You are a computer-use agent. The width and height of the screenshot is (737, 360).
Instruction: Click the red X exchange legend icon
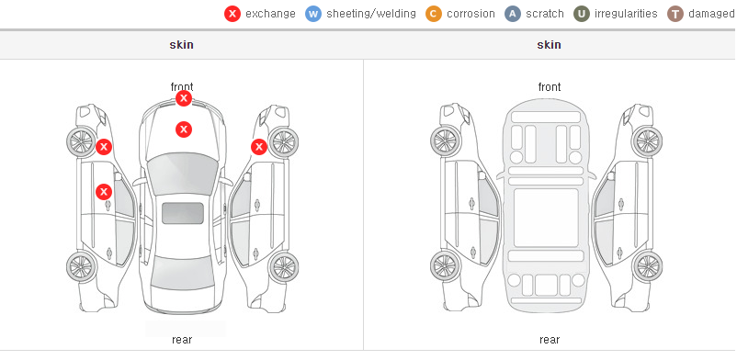point(232,14)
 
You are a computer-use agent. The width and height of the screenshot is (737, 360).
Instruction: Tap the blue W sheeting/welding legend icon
point(313,14)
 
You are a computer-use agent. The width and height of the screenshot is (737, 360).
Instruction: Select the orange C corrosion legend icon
point(434,14)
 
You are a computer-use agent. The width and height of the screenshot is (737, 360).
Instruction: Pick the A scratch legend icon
point(513,14)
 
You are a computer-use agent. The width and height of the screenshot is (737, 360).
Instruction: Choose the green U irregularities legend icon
point(582,14)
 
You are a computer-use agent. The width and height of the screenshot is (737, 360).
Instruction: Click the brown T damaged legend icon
point(675,14)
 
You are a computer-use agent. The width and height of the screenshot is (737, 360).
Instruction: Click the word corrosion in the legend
point(471,14)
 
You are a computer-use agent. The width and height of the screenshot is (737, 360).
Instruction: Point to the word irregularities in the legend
point(626,14)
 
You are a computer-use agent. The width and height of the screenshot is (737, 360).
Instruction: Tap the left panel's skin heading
point(181,45)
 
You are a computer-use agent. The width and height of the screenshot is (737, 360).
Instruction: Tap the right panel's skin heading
point(549,45)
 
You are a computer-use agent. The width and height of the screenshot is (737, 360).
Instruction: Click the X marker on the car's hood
point(184,129)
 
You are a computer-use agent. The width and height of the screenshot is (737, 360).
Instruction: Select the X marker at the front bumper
point(184,98)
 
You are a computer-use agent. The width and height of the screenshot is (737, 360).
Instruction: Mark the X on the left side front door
point(104,192)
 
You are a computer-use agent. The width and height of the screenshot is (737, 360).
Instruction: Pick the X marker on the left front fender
point(104,147)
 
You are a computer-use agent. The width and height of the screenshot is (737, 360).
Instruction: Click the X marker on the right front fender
point(259,147)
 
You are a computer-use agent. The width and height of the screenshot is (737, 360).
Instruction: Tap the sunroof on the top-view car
point(183,213)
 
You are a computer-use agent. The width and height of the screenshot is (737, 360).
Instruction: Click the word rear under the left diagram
point(182,340)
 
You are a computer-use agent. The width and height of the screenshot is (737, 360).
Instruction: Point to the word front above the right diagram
point(550,87)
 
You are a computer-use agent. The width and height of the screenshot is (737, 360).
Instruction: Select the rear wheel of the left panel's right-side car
point(283,268)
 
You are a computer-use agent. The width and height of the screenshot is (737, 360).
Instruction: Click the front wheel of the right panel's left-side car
point(445,141)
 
